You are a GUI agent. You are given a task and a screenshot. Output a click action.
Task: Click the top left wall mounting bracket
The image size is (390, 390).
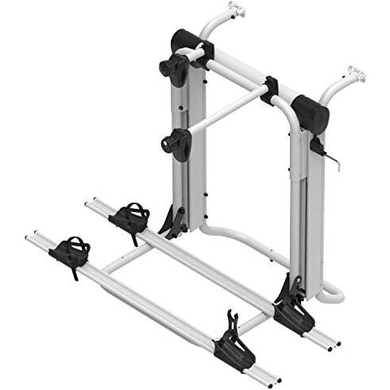[235, 10]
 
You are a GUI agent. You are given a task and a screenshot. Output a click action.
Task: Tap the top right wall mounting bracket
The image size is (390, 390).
[354, 77]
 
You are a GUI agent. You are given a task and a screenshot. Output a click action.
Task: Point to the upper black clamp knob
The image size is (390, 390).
[173, 68]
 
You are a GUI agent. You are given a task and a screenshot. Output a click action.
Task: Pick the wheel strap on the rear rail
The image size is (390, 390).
[131, 215]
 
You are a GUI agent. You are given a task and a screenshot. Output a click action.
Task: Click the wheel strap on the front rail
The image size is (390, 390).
[72, 251]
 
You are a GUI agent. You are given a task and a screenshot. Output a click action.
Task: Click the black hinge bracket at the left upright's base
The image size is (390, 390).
[173, 221]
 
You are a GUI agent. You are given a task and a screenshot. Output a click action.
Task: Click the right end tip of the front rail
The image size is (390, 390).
[275, 380]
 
